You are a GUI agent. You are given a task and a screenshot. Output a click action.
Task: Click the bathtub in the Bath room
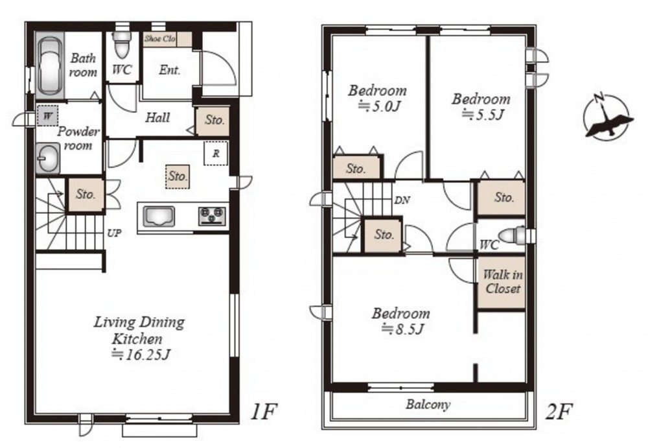point(51,65)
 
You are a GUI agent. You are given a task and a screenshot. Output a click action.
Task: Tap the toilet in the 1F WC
point(122,45)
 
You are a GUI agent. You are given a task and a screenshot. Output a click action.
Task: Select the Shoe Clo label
point(160,39)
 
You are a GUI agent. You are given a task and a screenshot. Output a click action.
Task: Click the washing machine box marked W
point(47,115)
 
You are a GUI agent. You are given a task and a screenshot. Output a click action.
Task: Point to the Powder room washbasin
point(48,158)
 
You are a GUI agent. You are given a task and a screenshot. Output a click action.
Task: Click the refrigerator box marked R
point(216,154)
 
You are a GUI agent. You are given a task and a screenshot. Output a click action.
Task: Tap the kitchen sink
point(159,217)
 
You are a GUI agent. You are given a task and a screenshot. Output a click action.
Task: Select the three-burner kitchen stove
point(213,216)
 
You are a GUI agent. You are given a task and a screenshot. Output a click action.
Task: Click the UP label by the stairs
point(114,233)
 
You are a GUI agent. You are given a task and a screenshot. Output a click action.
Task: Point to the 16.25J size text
point(142,355)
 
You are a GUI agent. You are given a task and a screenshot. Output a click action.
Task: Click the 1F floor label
point(263,411)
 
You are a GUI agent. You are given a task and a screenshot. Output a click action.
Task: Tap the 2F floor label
point(559,411)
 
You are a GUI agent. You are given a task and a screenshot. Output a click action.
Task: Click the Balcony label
point(428,404)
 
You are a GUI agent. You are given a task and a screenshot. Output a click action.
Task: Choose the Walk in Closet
point(502,282)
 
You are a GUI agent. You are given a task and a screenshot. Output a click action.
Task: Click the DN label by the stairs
point(402,200)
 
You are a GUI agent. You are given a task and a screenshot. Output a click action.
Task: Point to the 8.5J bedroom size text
point(402,329)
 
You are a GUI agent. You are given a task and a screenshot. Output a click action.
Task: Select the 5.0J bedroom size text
point(379,107)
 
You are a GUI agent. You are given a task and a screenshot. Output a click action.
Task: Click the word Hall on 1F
point(157,117)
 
